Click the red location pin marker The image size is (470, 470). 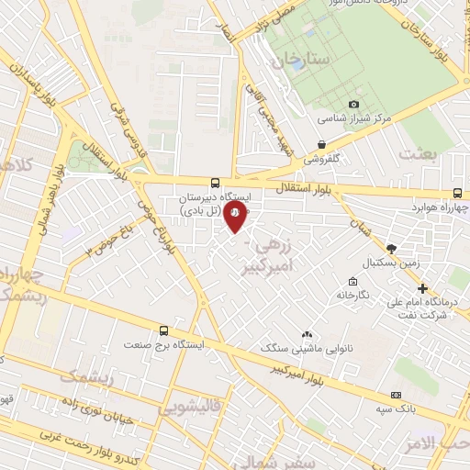tap(235, 214)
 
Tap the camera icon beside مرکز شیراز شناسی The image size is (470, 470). tap(355, 105)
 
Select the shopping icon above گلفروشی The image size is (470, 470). tap(320, 144)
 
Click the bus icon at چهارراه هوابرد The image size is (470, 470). tap(457, 194)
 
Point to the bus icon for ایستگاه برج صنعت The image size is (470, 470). tap(164, 330)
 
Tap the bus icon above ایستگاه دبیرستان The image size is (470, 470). tap(215, 183)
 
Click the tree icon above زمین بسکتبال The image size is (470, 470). tap(392, 249)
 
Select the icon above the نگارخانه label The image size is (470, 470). tap(352, 281)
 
